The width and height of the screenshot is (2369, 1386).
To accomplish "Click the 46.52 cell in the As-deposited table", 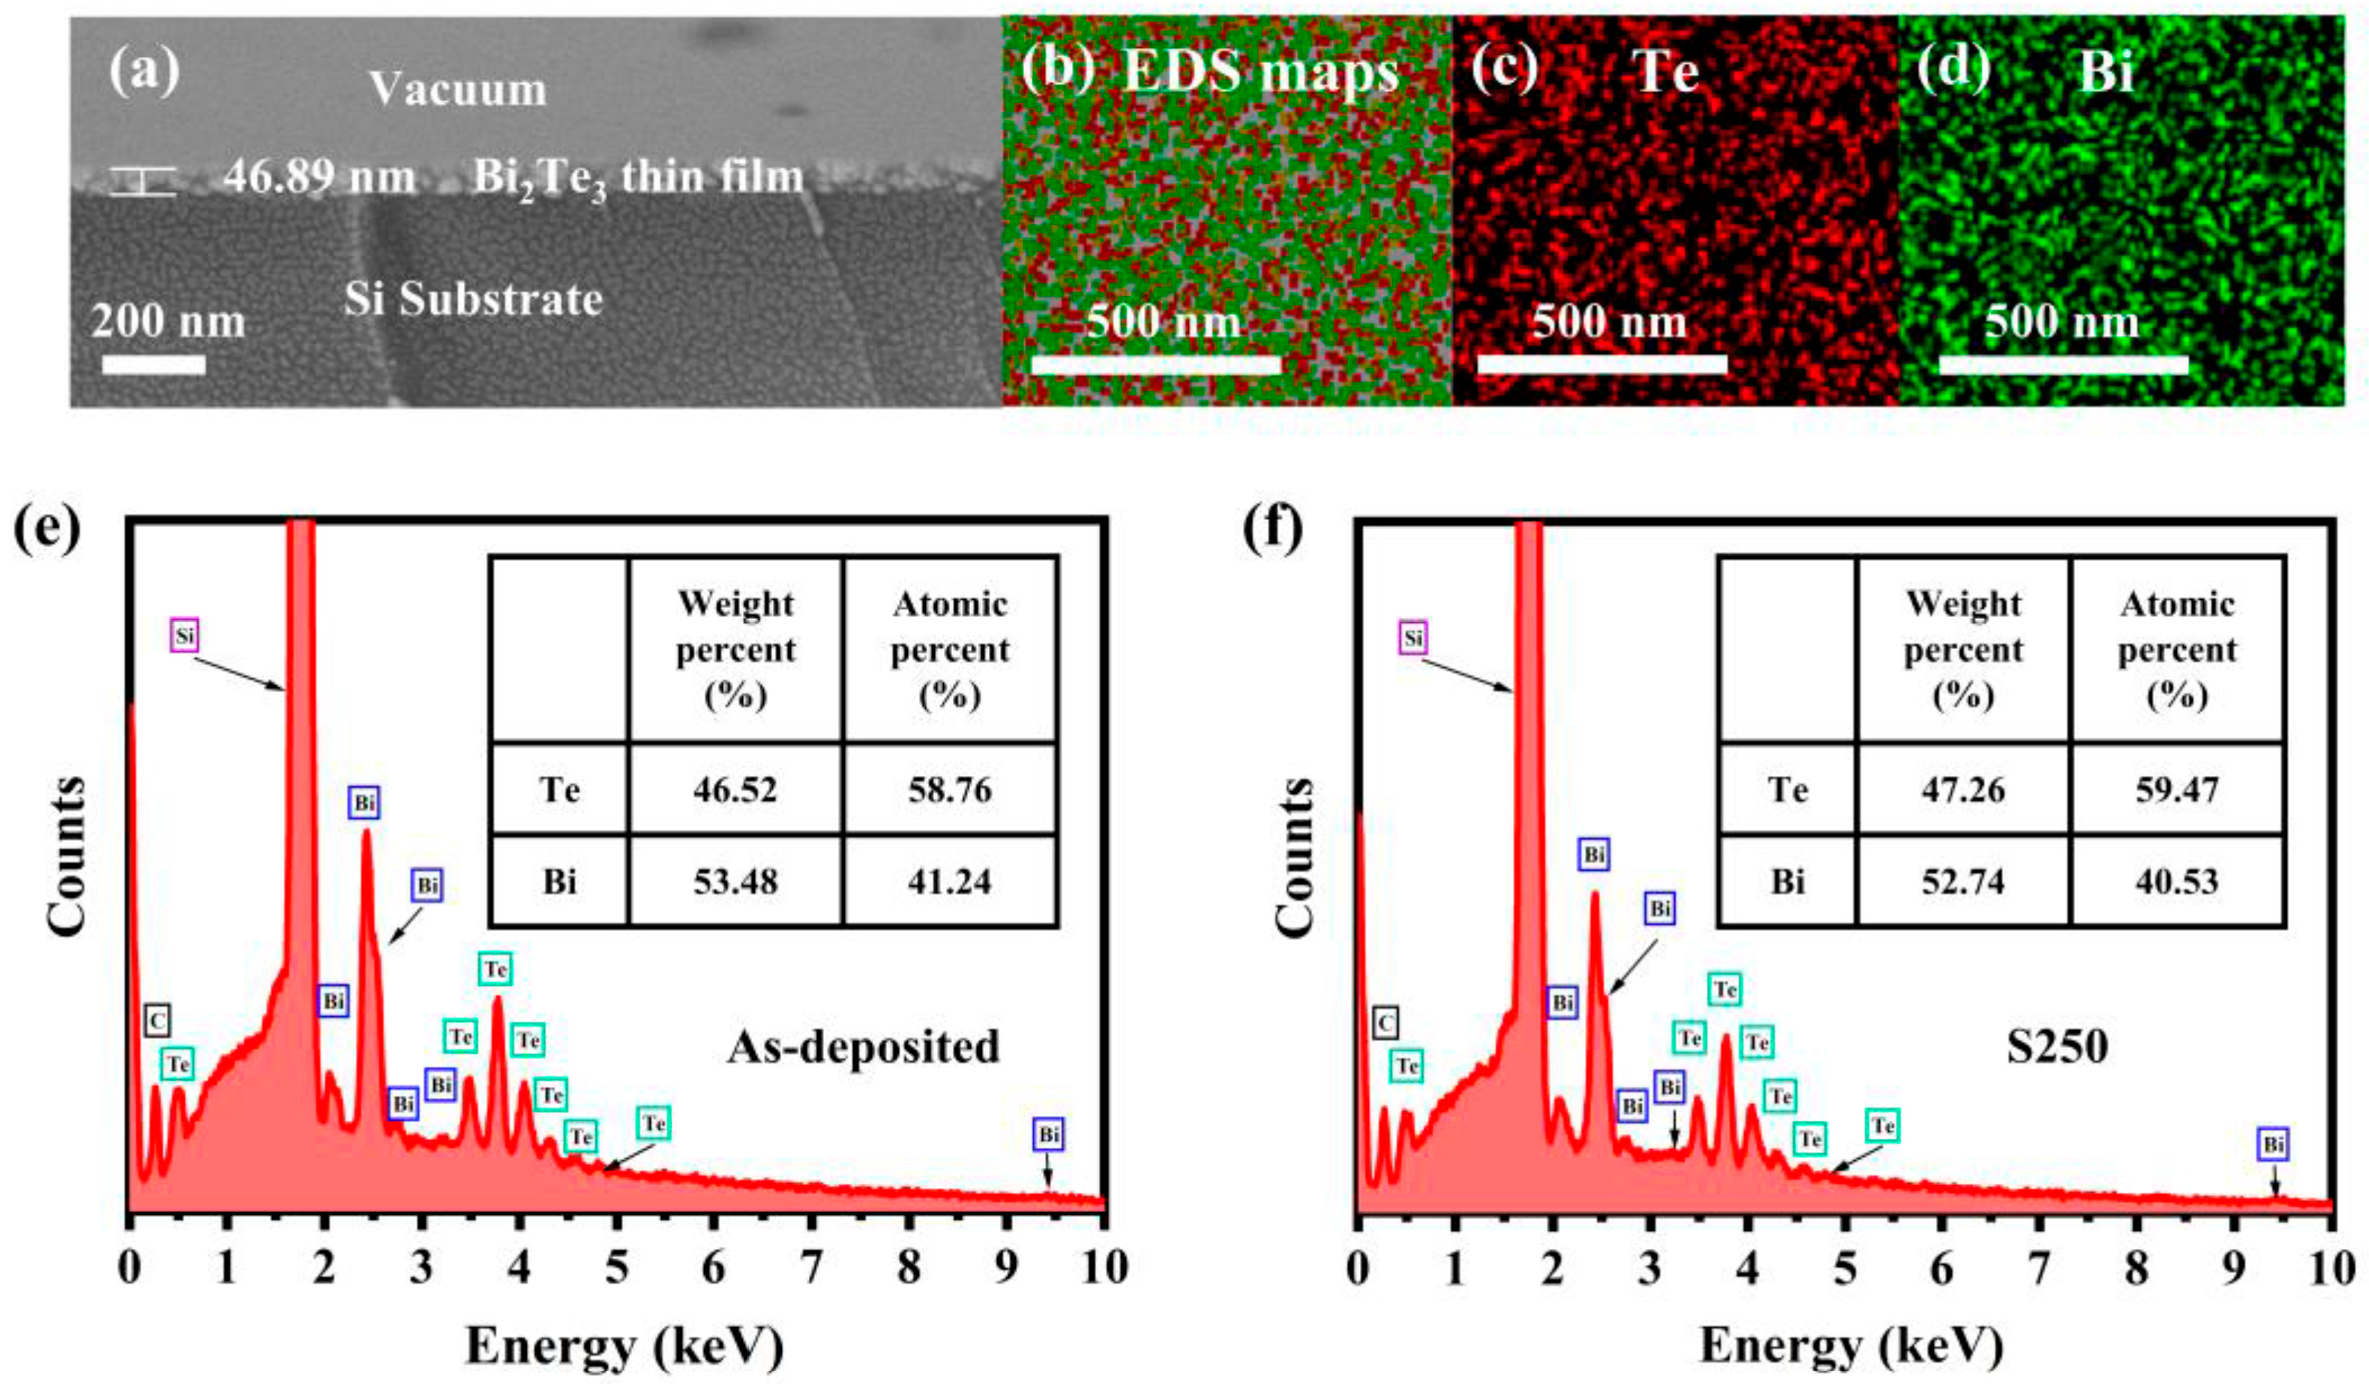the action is (x=736, y=789).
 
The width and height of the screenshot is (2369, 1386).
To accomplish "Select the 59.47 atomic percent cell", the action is (x=2176, y=789).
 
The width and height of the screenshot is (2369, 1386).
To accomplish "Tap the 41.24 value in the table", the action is (x=950, y=881).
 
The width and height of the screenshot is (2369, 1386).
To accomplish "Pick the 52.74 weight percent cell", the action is (x=1963, y=881).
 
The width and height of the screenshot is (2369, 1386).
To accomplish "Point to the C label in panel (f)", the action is (x=1385, y=1022).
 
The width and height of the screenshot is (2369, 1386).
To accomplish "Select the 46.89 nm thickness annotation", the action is (x=319, y=177).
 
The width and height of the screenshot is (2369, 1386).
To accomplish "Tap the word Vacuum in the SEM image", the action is (x=458, y=89).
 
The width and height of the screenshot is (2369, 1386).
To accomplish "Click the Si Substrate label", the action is (x=473, y=300).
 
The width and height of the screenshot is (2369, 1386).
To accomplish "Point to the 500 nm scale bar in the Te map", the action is (x=1602, y=364).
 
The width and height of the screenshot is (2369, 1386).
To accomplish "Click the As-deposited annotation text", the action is (x=863, y=1046).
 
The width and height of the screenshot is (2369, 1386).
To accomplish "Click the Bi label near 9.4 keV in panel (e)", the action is (x=1049, y=1134).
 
